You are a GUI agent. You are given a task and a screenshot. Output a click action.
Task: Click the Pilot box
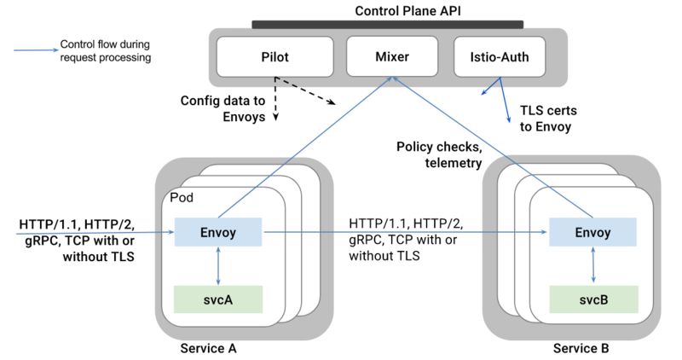[275, 56]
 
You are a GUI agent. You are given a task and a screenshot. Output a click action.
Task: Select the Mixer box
[392, 56]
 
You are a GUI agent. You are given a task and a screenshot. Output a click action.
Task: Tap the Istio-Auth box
[500, 56]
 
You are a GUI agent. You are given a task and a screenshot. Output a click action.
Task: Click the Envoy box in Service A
[218, 232]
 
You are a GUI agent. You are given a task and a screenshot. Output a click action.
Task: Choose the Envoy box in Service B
[592, 232]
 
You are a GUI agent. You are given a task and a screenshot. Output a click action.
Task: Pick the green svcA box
[218, 299]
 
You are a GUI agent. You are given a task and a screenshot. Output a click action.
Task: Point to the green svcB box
[593, 299]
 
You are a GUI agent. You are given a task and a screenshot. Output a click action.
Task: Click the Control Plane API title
[407, 11]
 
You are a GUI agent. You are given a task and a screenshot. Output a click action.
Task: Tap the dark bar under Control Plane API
[388, 25]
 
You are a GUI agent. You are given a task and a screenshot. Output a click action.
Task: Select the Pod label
[182, 198]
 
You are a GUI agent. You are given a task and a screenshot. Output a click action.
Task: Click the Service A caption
[208, 348]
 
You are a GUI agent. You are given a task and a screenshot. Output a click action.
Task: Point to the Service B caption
[581, 348]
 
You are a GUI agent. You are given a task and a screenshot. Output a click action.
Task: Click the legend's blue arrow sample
[36, 50]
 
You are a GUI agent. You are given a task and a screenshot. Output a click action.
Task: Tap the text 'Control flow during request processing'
[105, 51]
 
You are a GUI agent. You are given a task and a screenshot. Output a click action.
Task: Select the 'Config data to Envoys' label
[223, 109]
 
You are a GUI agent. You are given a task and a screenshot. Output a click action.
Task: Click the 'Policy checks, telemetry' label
[439, 154]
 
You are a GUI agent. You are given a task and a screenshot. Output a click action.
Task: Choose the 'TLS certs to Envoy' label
[548, 119]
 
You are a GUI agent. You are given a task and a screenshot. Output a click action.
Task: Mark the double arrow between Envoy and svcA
[218, 266]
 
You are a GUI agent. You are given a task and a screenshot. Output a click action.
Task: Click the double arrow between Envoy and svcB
[593, 264]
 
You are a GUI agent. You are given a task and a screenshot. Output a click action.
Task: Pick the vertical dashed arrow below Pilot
[275, 99]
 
